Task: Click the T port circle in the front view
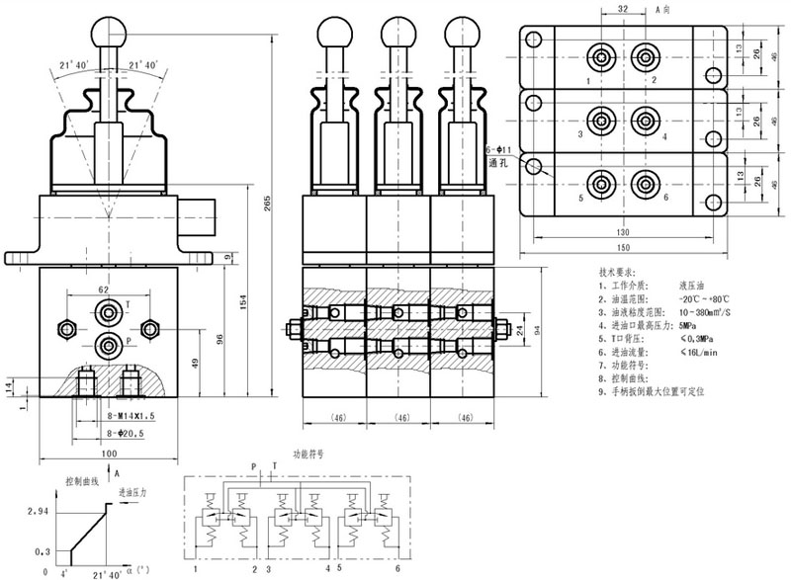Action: tap(107, 312)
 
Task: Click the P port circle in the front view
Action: tap(107, 344)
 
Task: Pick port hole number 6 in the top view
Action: tap(646, 183)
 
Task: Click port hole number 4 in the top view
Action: tap(646, 119)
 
